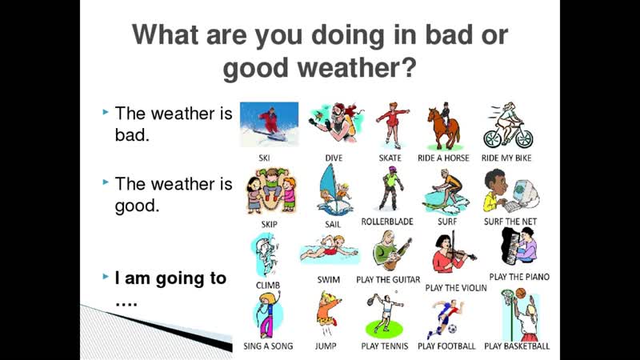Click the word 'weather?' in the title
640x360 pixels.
tap(357, 68)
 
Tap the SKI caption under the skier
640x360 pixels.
tap(264, 158)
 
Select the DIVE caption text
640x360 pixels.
tap(334, 158)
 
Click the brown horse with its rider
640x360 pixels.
tap(444, 126)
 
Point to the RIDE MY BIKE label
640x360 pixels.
tap(506, 158)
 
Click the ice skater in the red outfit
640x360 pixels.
tap(392, 126)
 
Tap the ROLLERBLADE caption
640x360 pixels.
tap(387, 222)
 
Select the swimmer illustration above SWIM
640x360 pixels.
tap(329, 249)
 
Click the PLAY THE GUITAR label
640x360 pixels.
tap(388, 279)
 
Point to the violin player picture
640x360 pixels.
tap(452, 252)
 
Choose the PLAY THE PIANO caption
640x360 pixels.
tap(519, 277)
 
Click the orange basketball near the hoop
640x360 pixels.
tap(521, 293)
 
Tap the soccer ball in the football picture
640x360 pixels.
tap(452, 329)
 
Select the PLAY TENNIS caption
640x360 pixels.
tap(385, 346)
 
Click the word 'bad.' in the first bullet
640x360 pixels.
tap(132, 135)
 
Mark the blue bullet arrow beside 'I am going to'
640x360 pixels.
tap(106, 276)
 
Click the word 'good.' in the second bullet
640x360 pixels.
tap(137, 206)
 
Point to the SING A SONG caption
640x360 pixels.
tap(268, 346)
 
